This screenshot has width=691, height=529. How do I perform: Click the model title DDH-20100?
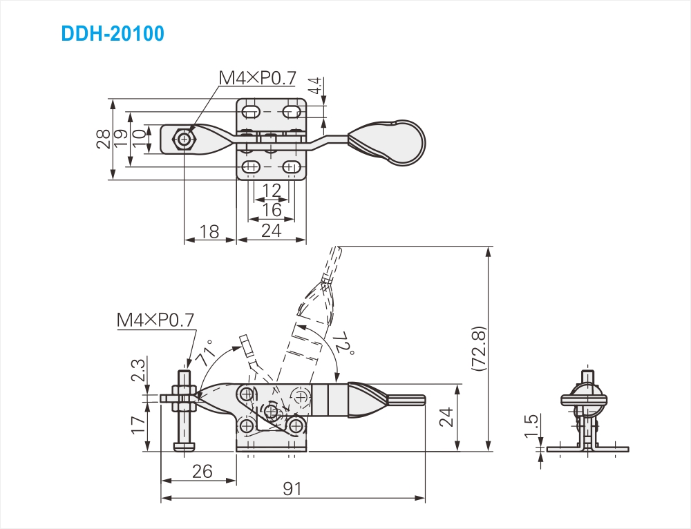113,33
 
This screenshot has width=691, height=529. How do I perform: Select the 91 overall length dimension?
292,488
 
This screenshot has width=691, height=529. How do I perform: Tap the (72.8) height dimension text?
479,349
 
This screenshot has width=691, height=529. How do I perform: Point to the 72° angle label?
345,343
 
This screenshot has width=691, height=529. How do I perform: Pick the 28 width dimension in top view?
104,140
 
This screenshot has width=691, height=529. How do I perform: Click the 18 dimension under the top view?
209,231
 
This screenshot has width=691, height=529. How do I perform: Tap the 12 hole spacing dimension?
272,191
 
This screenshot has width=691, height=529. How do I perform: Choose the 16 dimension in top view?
272,210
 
